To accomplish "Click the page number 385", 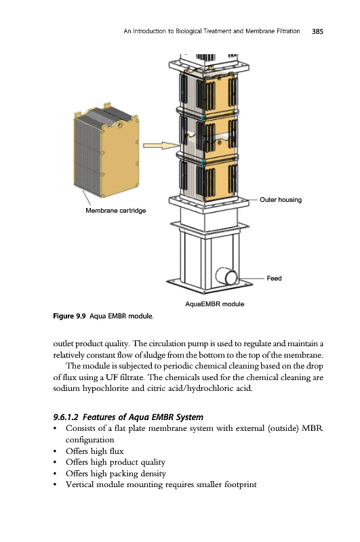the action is (317, 31).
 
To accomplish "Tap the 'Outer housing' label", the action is (281, 199).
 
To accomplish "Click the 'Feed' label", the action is (274, 278).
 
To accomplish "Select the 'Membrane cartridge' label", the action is (115, 210).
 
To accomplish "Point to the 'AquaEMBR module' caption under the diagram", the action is (214, 304).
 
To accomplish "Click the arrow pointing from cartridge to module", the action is (161, 146).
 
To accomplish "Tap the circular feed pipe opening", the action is (227, 276).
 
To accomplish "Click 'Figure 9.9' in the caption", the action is (69, 316).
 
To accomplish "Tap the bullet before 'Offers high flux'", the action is (55, 451).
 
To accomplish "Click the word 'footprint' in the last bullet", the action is (241, 484).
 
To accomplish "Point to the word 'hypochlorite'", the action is (106, 388).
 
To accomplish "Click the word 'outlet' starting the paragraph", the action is (63, 343).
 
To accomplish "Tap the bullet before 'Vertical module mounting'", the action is (55, 484).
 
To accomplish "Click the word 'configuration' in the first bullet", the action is (90, 440).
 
